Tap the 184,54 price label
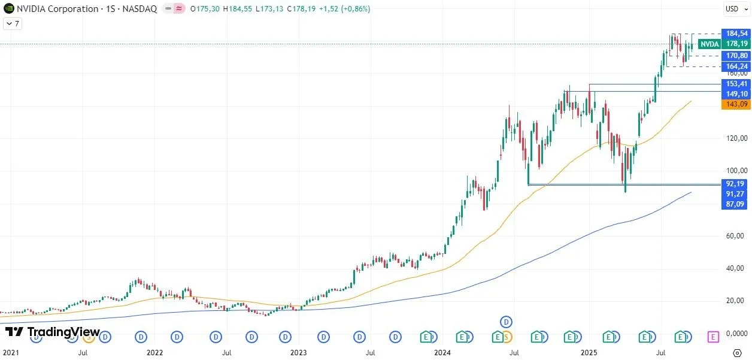pyautogui.click(x=736, y=34)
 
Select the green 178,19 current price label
pyautogui.click(x=736, y=44)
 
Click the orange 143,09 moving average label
pyautogui.click(x=736, y=104)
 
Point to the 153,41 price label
pyautogui.click(x=736, y=84)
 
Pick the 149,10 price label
pyautogui.click(x=736, y=94)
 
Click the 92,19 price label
pyautogui.click(x=736, y=184)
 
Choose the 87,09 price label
pyautogui.click(x=736, y=204)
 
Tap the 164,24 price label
pyautogui.click(x=736, y=66)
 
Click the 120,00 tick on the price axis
pyautogui.click(x=736, y=138)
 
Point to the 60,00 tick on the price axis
pyautogui.click(x=736, y=236)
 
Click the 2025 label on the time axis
pyautogui.click(x=589, y=353)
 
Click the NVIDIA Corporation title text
pyautogui.click(x=57, y=9)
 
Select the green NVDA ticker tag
pyautogui.click(x=709, y=44)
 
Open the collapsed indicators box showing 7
pyautogui.click(x=13, y=23)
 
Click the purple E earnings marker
pyautogui.click(x=713, y=337)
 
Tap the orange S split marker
pyautogui.click(x=507, y=337)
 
